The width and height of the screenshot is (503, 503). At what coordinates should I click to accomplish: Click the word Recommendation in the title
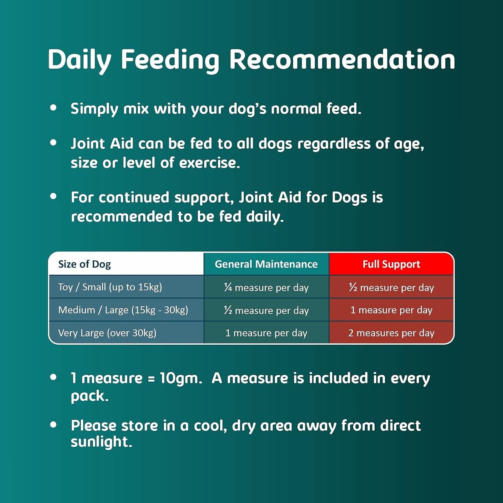342,60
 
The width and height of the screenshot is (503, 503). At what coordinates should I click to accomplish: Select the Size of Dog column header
85,264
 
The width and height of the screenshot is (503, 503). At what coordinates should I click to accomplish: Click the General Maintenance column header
266,264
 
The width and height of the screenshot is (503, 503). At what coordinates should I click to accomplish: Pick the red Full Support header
391,264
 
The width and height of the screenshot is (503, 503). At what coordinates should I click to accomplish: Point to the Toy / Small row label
110,287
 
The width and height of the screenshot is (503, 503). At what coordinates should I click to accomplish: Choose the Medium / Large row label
123,310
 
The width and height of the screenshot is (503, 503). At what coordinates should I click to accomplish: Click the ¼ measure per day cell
266,288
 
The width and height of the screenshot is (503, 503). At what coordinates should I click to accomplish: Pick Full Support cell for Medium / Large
391,310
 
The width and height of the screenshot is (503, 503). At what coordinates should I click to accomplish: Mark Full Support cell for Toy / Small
391,288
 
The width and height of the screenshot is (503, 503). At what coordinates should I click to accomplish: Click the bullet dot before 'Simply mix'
53,108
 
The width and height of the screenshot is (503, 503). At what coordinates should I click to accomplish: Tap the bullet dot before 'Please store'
53,425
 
